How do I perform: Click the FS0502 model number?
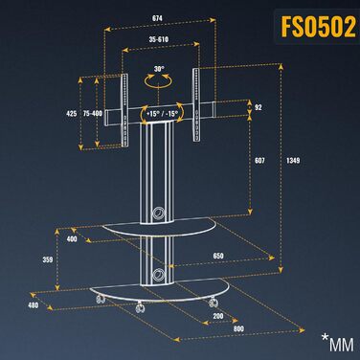click(318, 27)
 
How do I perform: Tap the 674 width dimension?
click(157, 18)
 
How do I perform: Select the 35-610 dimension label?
click(159, 39)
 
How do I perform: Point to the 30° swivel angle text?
click(159, 69)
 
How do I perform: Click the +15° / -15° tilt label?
click(162, 114)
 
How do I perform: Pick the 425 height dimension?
click(72, 113)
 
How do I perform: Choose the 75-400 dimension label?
click(93, 113)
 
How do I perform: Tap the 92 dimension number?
click(259, 107)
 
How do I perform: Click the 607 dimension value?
click(259, 161)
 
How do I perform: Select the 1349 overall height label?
click(293, 161)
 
